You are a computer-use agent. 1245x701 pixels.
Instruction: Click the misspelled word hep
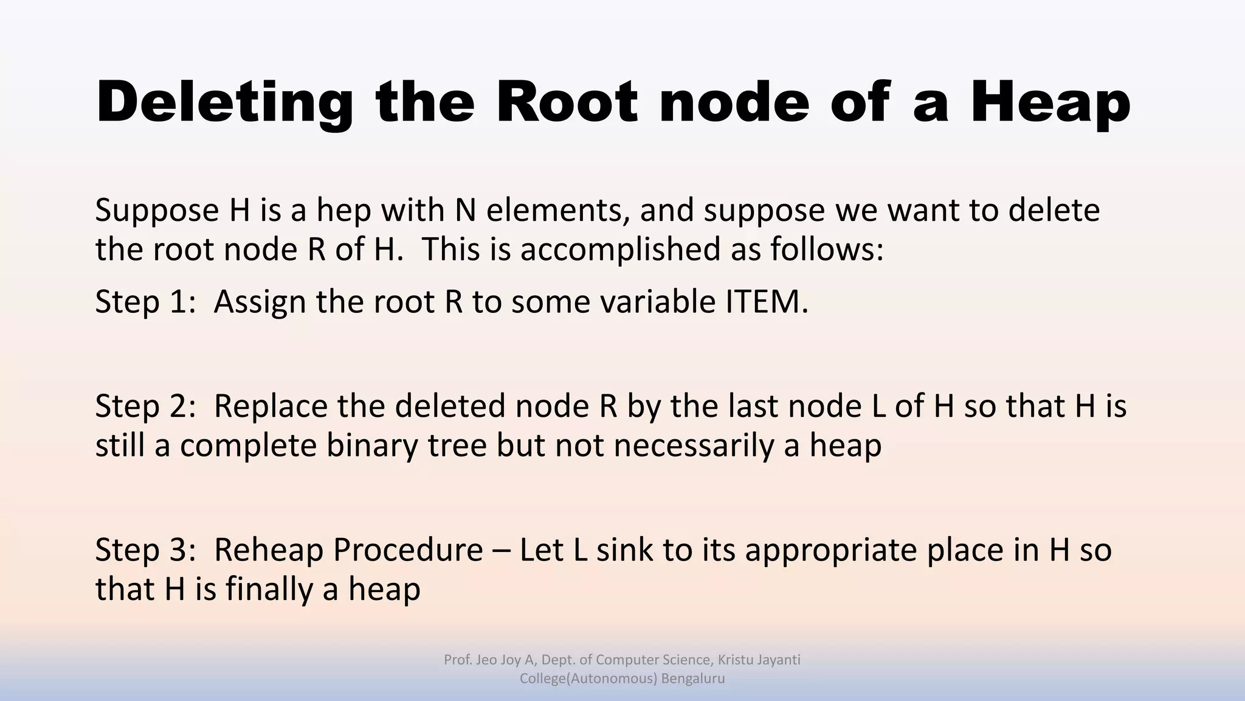[x=343, y=211]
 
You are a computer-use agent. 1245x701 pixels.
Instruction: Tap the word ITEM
[x=766, y=302]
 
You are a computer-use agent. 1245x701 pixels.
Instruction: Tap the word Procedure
[x=407, y=550]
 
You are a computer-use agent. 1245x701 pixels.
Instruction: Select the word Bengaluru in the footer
[x=692, y=678]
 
